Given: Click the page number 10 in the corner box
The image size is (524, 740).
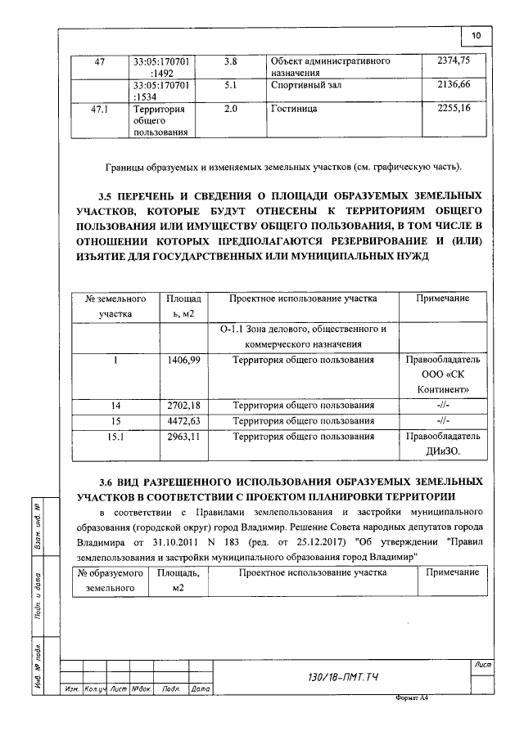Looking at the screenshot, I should point(476,34).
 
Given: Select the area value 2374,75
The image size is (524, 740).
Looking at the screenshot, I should point(451,61).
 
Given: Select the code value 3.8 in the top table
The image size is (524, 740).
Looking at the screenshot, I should point(231,61).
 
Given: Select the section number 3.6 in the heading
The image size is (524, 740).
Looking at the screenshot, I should point(108,481).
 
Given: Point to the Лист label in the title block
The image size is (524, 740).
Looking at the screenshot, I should point(481,668).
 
